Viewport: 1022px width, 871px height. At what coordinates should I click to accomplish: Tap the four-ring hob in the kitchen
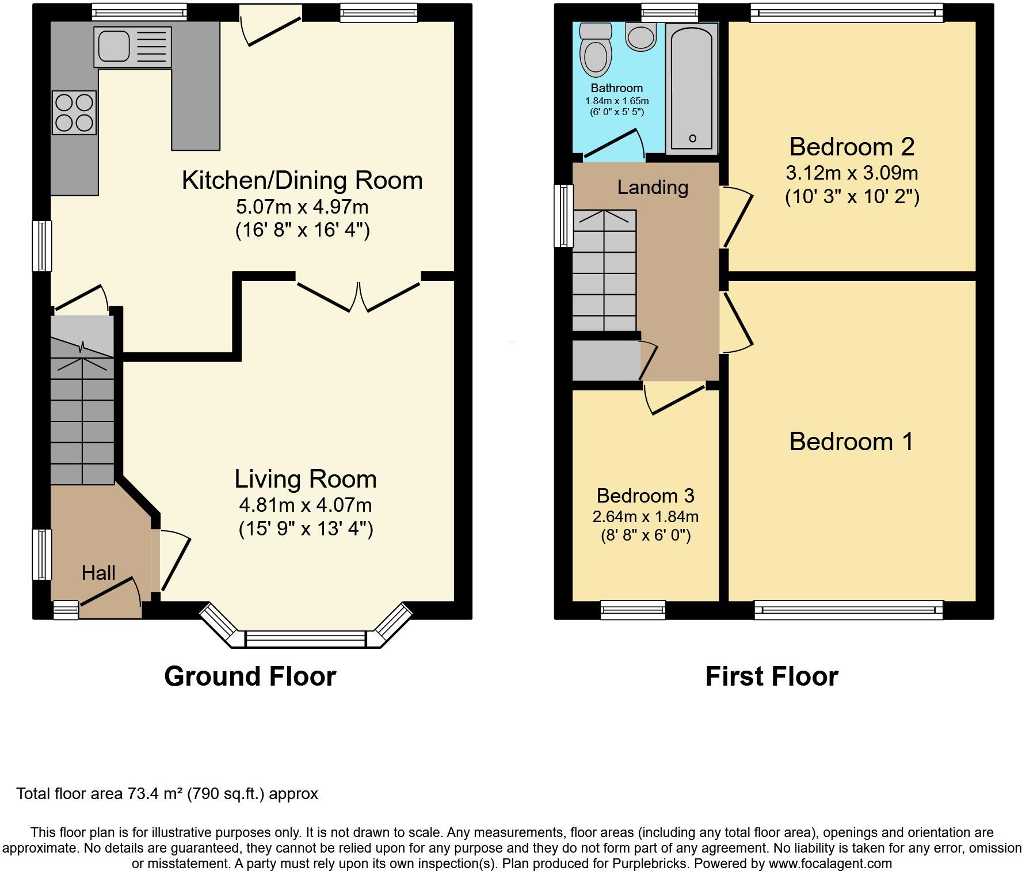(74, 113)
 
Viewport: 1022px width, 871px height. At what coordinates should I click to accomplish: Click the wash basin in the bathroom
(640, 37)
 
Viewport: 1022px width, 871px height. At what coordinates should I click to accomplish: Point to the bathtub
(692, 88)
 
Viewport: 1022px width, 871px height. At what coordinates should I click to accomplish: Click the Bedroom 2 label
(852, 147)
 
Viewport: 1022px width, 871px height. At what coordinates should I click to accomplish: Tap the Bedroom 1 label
(851, 442)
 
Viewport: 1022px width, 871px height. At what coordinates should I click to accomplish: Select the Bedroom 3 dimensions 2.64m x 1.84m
(645, 516)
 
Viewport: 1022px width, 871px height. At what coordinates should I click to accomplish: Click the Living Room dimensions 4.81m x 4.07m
(306, 505)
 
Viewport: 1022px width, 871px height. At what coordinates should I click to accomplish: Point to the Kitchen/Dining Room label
(302, 180)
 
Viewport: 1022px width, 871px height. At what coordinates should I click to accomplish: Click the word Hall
(98, 573)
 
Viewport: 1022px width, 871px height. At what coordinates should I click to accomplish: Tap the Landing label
(653, 187)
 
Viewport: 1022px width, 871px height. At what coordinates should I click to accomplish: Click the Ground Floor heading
(250, 676)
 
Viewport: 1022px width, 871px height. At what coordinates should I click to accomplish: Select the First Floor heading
(772, 676)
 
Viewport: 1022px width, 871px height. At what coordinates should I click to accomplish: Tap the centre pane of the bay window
(306, 639)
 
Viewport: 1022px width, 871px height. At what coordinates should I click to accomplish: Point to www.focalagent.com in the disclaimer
(830, 864)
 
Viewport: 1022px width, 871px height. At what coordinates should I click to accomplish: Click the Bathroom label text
(616, 88)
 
